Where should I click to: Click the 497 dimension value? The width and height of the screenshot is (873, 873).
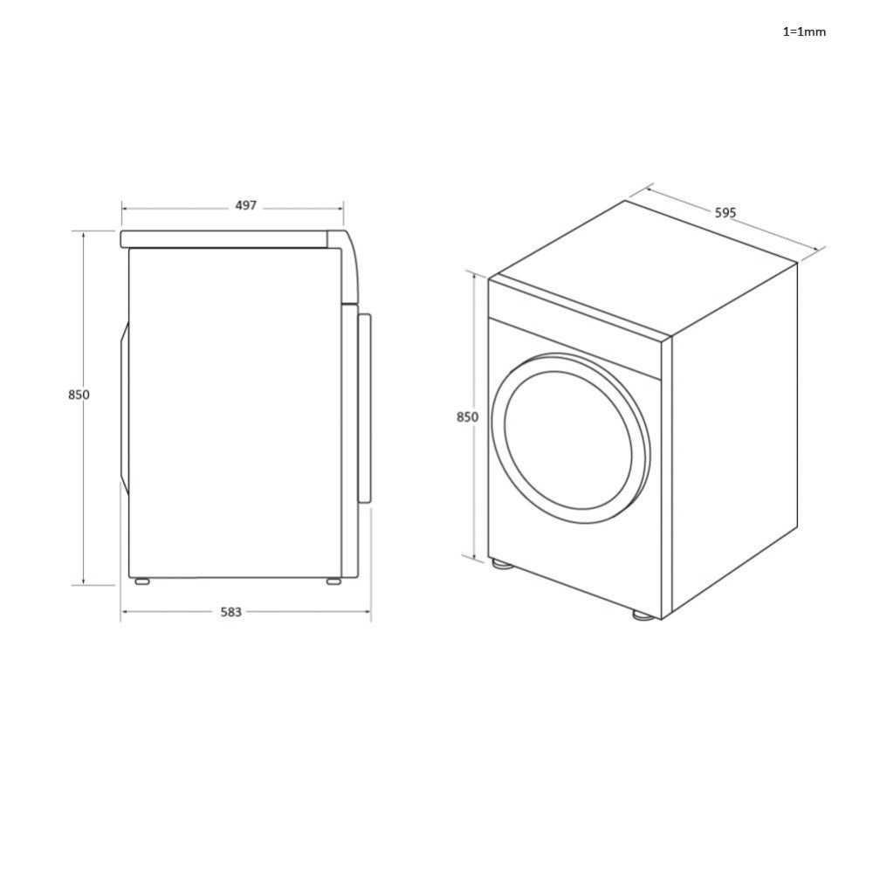coord(246,206)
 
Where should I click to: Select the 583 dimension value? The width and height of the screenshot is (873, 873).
coord(230,613)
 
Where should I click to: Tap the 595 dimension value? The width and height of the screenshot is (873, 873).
coord(725,212)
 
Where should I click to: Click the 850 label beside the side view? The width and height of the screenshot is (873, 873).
coord(79,395)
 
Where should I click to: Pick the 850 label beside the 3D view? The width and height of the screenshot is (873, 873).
coord(467,417)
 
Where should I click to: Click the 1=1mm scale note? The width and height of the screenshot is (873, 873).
coord(803,32)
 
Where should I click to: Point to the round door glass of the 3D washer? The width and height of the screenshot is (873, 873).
coord(568,439)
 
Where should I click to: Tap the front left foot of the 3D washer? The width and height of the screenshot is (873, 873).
coord(501,564)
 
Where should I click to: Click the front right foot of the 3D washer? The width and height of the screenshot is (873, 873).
coord(643,615)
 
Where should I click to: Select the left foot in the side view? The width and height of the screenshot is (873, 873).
coord(141,581)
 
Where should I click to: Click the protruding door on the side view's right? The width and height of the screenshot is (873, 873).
coord(365,407)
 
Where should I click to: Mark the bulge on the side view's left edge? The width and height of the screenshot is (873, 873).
coord(124,409)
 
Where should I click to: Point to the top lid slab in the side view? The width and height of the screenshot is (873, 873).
coord(225,239)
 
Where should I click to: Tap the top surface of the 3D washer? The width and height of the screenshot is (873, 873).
coord(642,266)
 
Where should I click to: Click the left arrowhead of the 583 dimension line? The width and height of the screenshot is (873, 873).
coord(123,612)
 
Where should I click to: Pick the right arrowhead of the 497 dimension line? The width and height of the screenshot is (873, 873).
coord(341,209)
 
